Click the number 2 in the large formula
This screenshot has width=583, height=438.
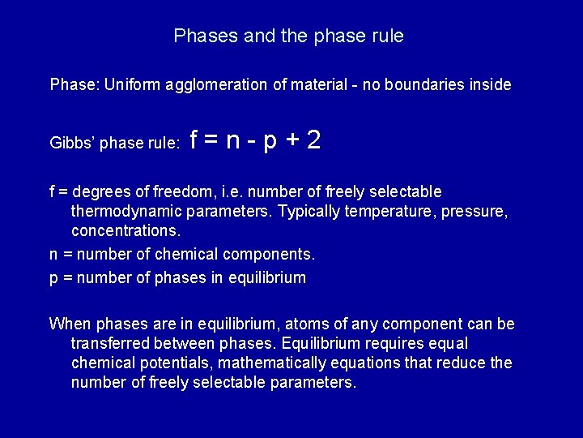313,141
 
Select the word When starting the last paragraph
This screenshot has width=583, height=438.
70,324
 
